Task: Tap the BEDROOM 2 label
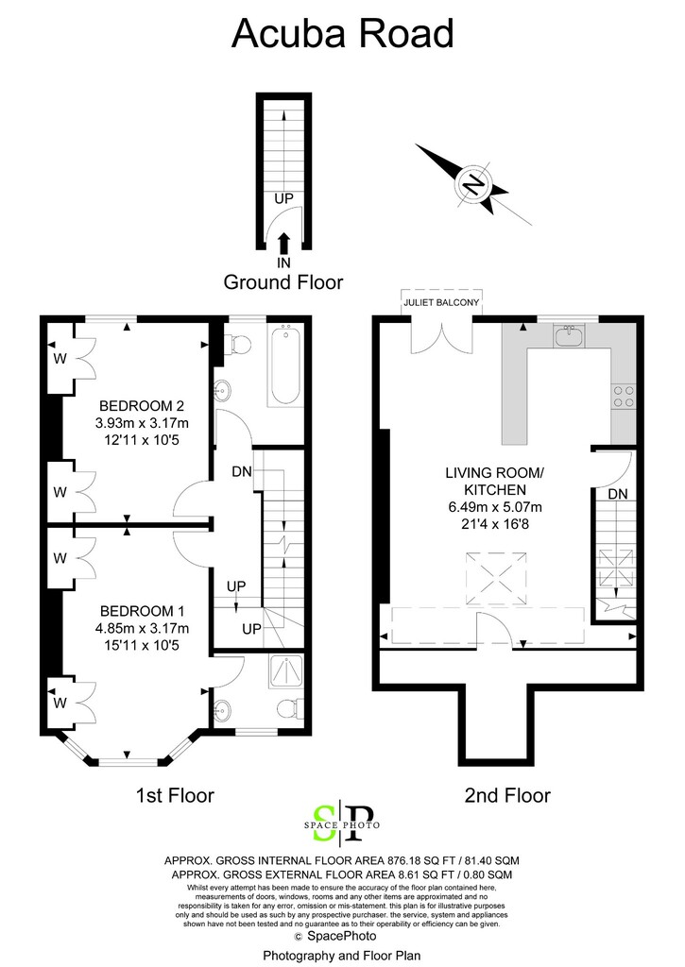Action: click(142, 406)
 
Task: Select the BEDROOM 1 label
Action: click(142, 611)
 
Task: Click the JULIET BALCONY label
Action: click(441, 303)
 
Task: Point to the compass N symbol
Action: click(474, 183)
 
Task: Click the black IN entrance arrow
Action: click(283, 244)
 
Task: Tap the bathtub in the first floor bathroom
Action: click(285, 365)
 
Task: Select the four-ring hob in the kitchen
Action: click(623, 396)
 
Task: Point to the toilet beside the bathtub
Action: click(236, 344)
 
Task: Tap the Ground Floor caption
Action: click(283, 281)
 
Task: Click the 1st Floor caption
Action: click(175, 795)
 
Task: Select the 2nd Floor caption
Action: click(507, 795)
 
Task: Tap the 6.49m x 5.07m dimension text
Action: click(495, 507)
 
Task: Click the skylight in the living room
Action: click(496, 578)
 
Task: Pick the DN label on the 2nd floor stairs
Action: click(618, 494)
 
